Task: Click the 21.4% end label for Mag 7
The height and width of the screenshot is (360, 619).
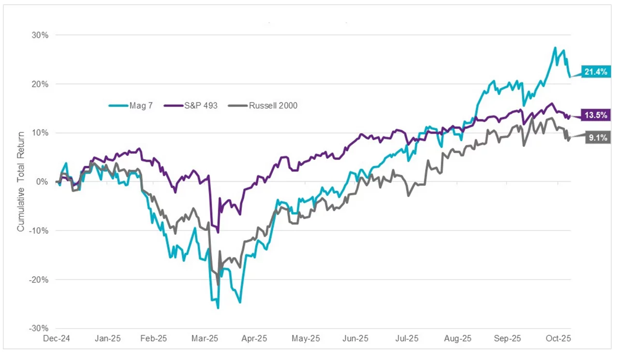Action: click(597, 72)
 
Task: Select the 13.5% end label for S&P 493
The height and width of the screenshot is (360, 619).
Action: click(598, 115)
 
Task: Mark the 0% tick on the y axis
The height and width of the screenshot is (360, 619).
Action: click(43, 182)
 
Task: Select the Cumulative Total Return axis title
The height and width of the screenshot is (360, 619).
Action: click(21, 182)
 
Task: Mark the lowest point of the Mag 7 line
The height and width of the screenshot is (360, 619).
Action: click(218, 308)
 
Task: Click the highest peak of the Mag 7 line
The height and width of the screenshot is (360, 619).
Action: click(555, 47)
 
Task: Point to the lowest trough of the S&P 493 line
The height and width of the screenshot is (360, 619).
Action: click(218, 232)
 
